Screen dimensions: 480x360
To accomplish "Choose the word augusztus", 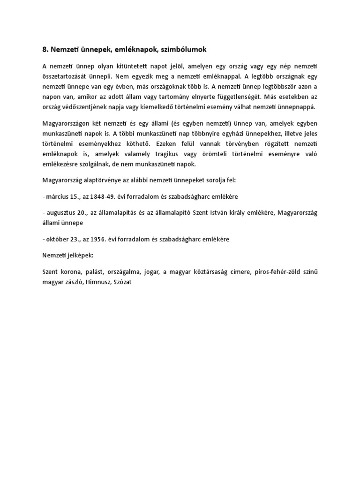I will pos(63,213).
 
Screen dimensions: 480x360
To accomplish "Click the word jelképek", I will pos(80,255).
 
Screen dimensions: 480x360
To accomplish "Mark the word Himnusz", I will pos(97,282).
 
